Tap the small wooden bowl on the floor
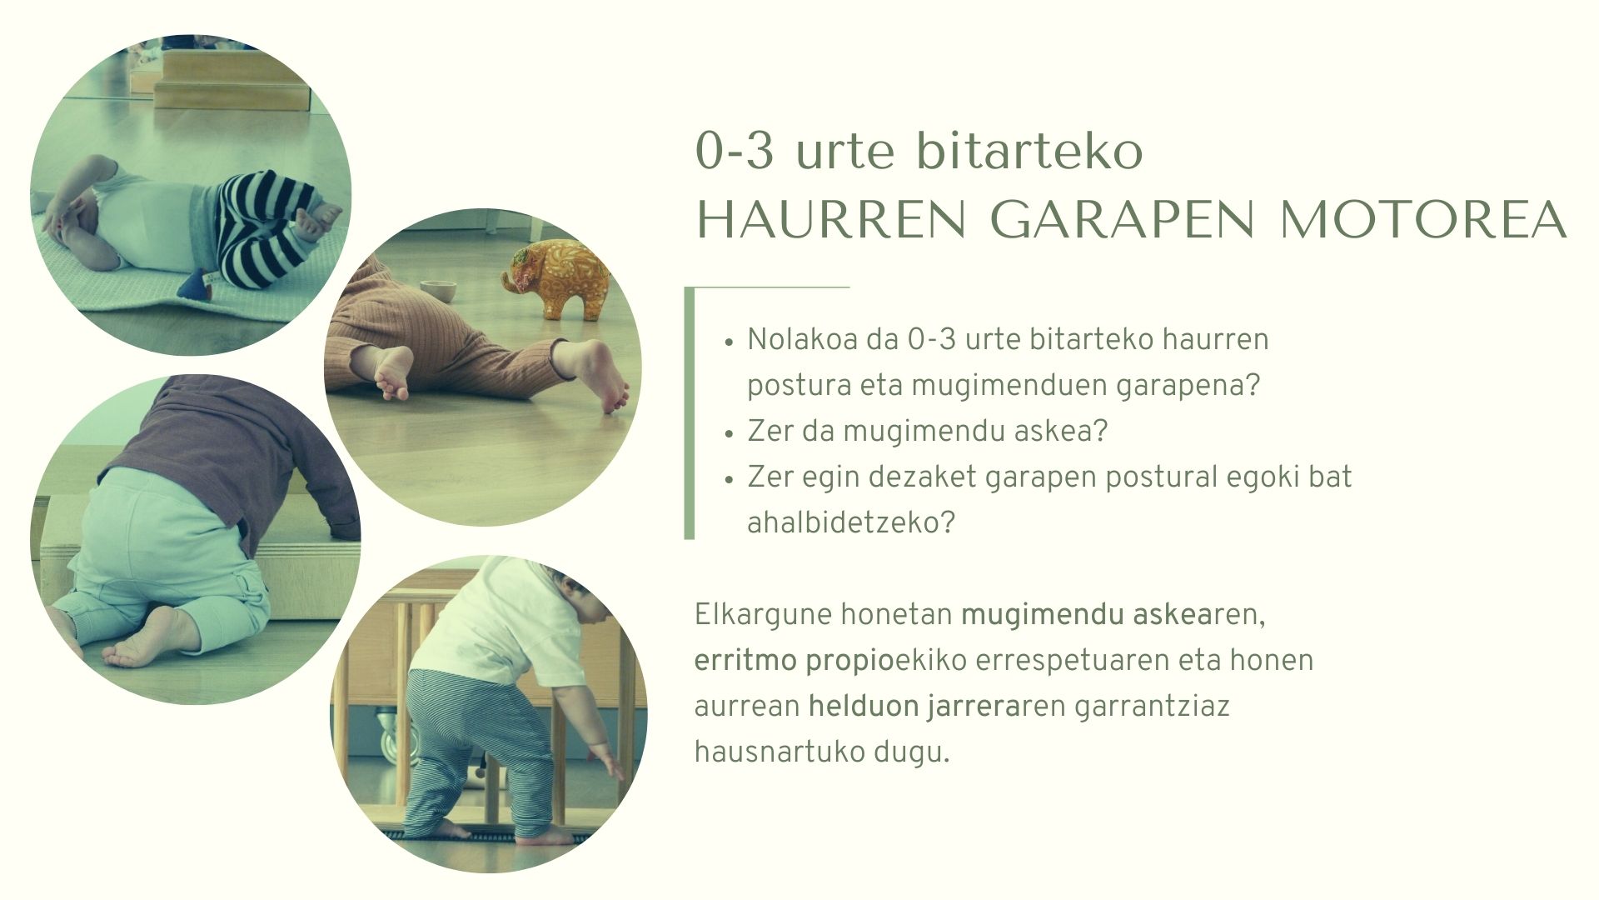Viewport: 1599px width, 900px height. [439, 291]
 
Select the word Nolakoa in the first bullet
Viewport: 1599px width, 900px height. [802, 340]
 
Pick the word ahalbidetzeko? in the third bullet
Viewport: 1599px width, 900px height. [850, 523]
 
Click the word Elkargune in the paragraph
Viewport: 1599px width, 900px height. [763, 616]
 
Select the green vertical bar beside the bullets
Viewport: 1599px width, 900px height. [689, 413]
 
